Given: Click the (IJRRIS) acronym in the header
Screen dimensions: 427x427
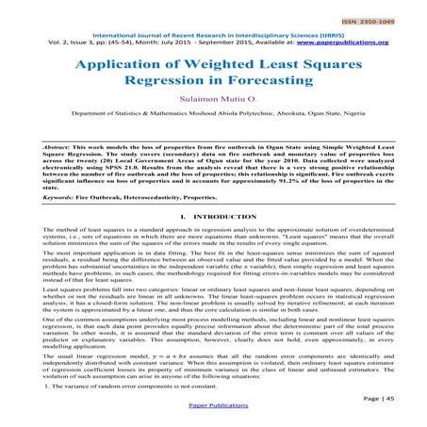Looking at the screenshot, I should click(x=353, y=32).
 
